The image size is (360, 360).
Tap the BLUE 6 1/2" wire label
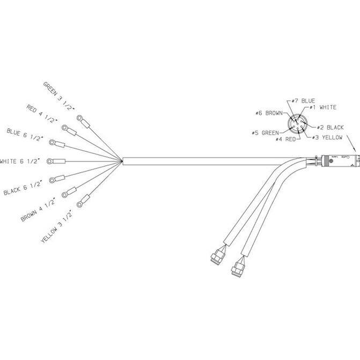(x=24, y=134)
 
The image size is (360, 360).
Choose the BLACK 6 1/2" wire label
(x=22, y=188)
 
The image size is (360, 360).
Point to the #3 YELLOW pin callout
(x=328, y=137)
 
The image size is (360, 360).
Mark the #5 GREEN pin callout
(x=265, y=133)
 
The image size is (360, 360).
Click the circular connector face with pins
(x=296, y=125)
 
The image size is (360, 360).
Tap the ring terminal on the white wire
(x=56, y=160)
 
